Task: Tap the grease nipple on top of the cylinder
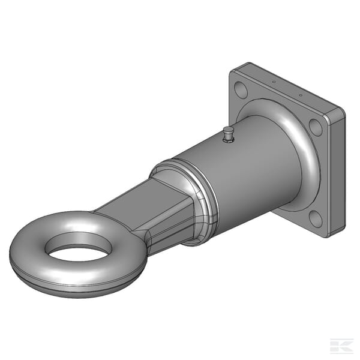228,136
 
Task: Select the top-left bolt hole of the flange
241,91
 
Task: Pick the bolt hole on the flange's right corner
316,127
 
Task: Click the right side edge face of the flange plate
337,174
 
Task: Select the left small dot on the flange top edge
274,81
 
